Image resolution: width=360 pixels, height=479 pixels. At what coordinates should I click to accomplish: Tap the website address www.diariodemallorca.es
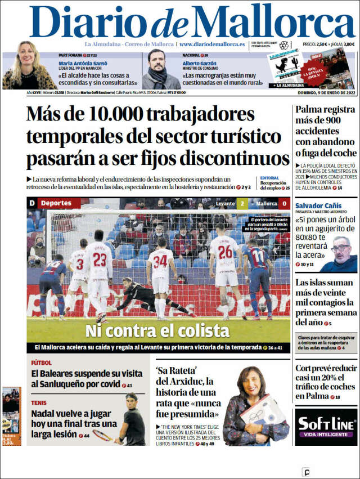[x=211, y=44]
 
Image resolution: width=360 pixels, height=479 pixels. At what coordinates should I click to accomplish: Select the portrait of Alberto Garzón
[x=160, y=69]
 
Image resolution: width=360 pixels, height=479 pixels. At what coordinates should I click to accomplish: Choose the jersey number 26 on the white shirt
[x=225, y=252]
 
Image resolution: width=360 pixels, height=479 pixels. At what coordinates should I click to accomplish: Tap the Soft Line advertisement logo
[x=326, y=426]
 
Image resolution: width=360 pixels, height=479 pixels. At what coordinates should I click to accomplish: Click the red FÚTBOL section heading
[x=42, y=362]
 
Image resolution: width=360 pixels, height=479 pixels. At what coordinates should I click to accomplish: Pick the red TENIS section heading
[x=39, y=402]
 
